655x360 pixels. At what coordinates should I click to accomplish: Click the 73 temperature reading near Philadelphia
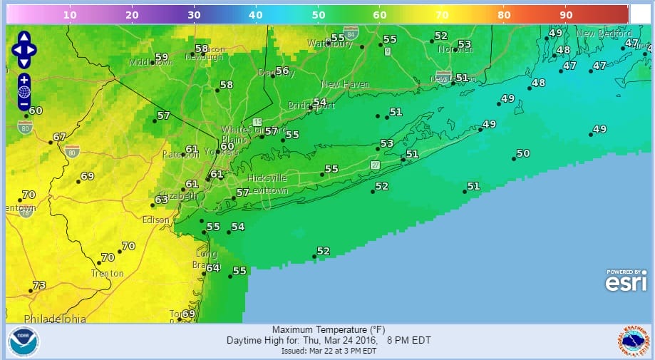click(x=38, y=285)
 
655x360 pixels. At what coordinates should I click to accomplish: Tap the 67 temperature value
click(x=59, y=137)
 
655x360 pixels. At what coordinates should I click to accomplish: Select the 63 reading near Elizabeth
click(x=161, y=200)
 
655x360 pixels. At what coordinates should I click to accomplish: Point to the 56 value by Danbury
click(x=282, y=71)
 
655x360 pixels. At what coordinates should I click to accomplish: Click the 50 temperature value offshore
click(x=522, y=153)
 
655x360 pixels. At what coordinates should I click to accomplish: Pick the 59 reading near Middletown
click(x=161, y=57)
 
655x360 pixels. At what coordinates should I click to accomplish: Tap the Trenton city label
click(x=108, y=274)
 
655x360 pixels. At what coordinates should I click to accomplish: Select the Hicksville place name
click(x=267, y=178)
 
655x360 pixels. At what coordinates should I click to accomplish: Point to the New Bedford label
click(x=604, y=34)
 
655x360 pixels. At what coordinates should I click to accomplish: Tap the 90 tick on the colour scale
click(x=567, y=14)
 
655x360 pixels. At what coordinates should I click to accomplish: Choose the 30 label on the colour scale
click(x=193, y=14)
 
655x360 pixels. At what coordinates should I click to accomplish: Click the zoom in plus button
click(x=24, y=79)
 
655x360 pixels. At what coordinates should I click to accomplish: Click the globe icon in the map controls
click(x=24, y=91)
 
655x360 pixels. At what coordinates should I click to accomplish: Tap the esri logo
click(x=626, y=282)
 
